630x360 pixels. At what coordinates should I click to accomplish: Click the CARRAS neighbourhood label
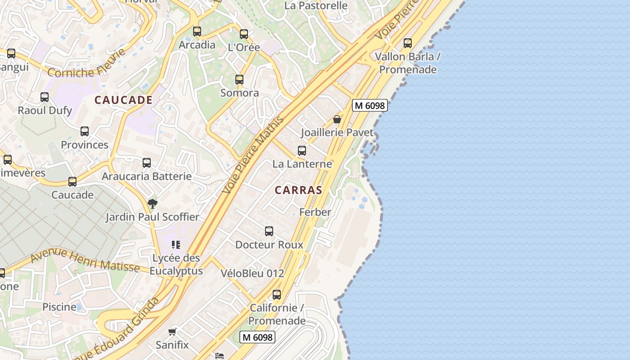click(x=298, y=190)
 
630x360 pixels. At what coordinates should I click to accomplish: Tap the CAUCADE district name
click(x=123, y=100)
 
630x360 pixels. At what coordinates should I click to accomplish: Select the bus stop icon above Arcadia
click(x=197, y=31)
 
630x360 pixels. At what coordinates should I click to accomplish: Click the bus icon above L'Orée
click(x=244, y=34)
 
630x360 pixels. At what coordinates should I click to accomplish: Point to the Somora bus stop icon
click(x=239, y=80)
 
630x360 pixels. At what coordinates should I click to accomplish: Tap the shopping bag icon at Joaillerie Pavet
click(x=337, y=119)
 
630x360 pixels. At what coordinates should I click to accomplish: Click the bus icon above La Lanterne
click(x=302, y=151)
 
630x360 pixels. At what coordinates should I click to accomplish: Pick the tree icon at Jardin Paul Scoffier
click(x=153, y=203)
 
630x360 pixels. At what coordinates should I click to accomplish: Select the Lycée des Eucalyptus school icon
click(x=176, y=245)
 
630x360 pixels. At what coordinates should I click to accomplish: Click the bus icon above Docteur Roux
click(x=269, y=231)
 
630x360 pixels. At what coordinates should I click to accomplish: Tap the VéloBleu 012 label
click(x=252, y=273)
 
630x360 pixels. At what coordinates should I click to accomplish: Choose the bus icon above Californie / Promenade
click(x=277, y=295)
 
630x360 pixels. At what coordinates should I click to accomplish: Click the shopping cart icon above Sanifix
click(x=172, y=332)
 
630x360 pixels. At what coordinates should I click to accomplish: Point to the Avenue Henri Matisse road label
click(x=85, y=260)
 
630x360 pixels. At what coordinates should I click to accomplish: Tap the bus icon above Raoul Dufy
click(x=45, y=97)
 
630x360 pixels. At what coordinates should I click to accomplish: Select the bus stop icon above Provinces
click(x=85, y=131)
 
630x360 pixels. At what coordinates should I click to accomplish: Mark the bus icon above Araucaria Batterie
click(x=147, y=163)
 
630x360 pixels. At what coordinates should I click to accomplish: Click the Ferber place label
click(x=315, y=212)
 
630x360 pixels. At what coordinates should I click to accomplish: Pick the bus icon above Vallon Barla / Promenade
click(x=408, y=43)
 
